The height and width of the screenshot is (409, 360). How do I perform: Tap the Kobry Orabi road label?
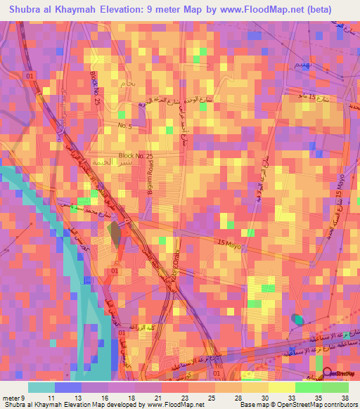click(x=169, y=266)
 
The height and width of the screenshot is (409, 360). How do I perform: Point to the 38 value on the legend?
click(x=344, y=398)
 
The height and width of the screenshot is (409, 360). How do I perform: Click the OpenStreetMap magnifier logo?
click(x=327, y=375)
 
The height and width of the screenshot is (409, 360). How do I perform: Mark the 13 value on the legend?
click(x=68, y=398)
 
